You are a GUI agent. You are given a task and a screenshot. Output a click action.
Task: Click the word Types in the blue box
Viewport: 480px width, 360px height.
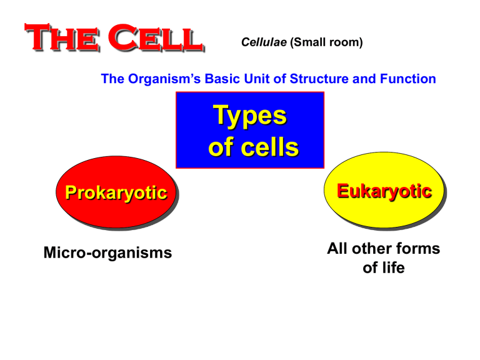(x=250, y=116)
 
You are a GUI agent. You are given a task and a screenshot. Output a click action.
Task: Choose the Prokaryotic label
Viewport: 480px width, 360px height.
(x=113, y=194)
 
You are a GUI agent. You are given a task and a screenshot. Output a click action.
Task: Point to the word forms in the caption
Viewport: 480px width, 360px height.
(x=418, y=249)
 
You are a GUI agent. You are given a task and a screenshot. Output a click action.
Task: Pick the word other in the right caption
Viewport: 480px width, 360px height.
(x=374, y=249)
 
